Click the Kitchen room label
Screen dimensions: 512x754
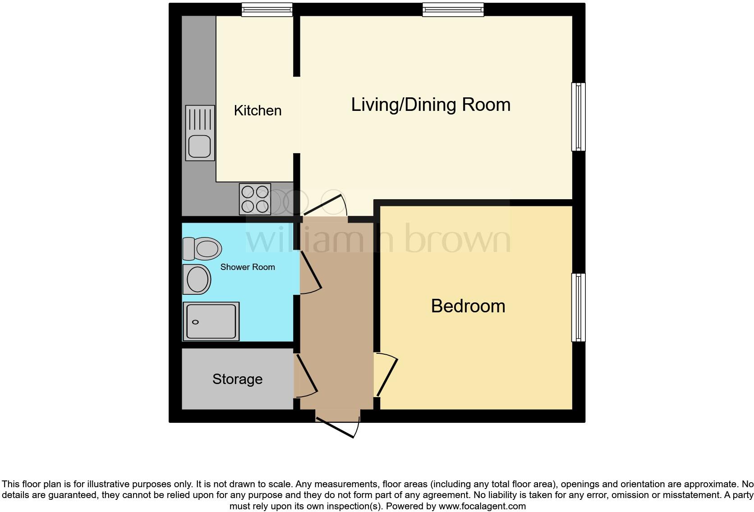click(257, 110)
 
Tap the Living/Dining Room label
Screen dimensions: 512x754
click(431, 105)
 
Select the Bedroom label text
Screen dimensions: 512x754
click(468, 306)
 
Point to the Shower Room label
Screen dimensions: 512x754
click(247, 267)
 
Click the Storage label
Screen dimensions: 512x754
click(237, 379)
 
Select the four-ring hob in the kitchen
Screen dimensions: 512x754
click(255, 199)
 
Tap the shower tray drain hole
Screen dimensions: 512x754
click(195, 322)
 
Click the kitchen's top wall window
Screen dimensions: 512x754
click(267, 9)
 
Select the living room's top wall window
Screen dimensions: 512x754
click(453, 9)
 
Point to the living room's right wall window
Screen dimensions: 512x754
click(579, 116)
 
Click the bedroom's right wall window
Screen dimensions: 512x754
click(579, 307)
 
